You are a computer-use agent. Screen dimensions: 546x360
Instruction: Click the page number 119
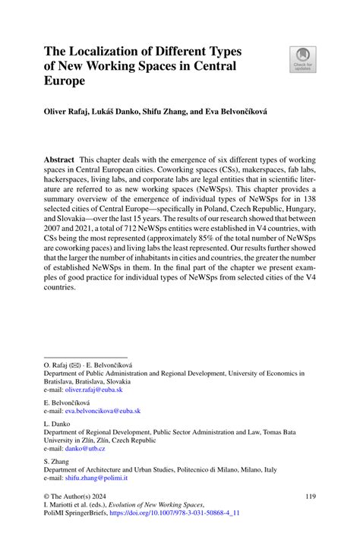click(x=310, y=496)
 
